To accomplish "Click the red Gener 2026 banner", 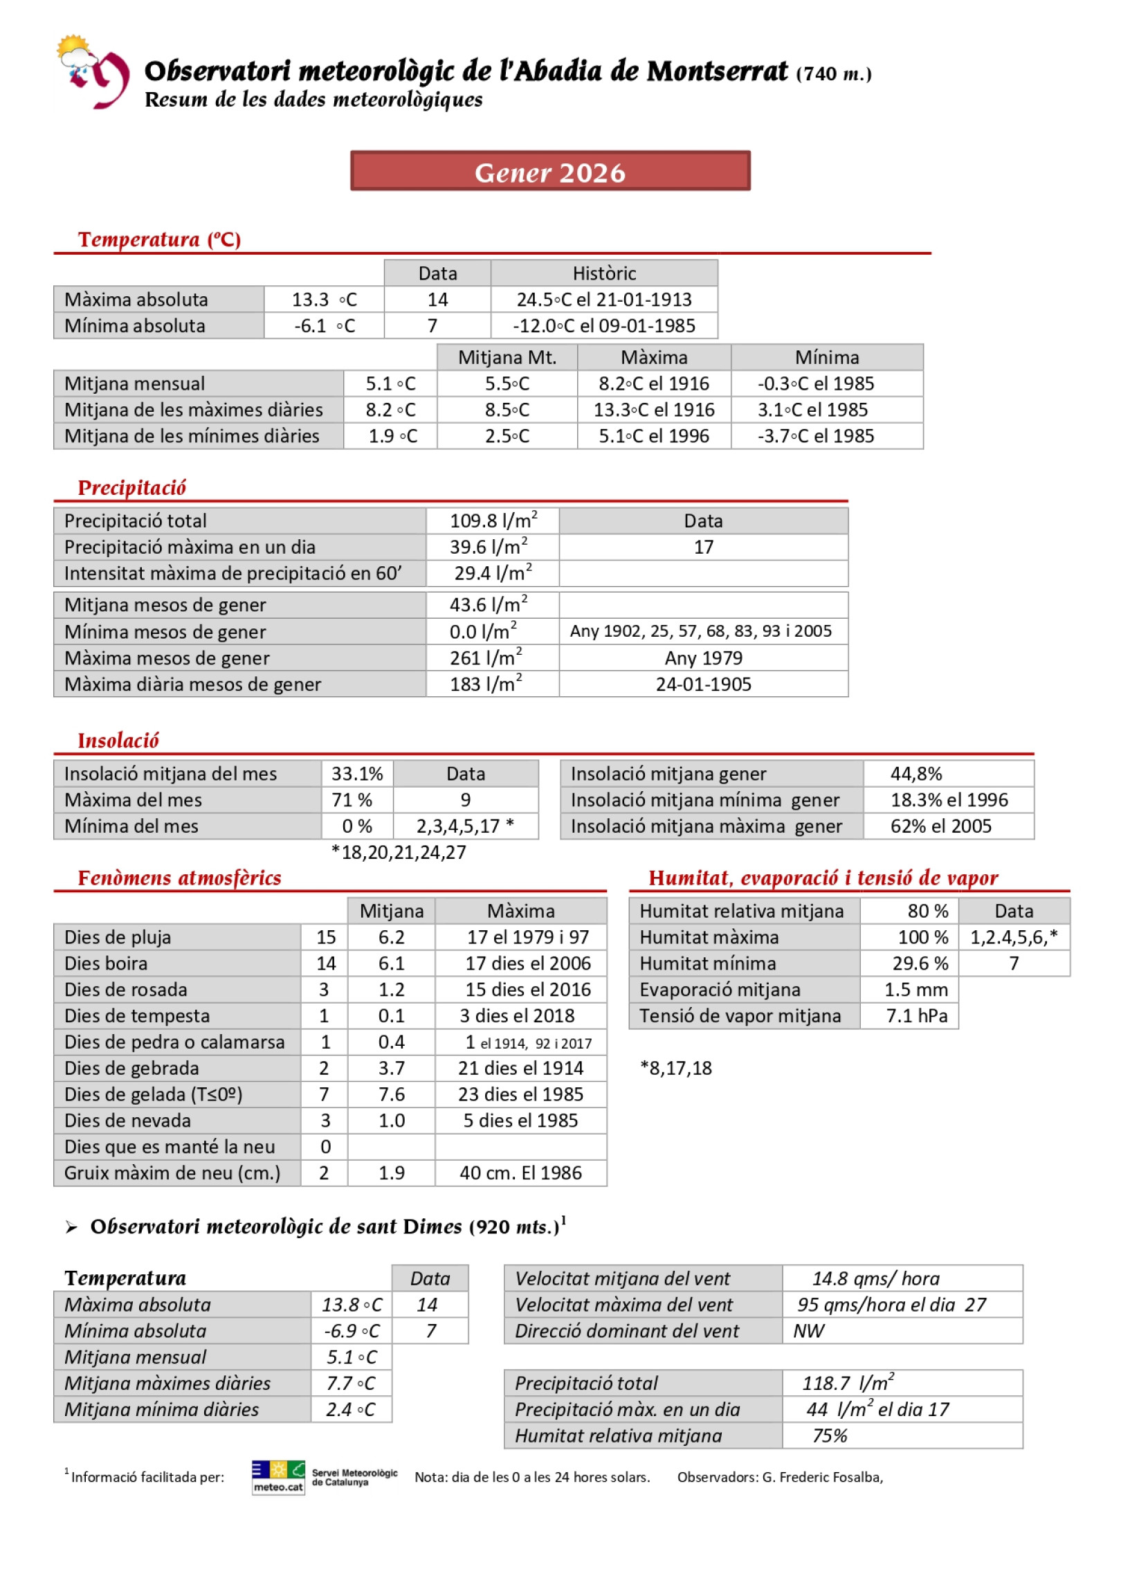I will (x=549, y=171).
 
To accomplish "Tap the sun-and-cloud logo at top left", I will (x=91, y=71).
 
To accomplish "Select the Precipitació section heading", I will (x=131, y=487).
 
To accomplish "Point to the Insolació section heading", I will (x=118, y=740).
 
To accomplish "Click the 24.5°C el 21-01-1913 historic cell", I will (x=603, y=299).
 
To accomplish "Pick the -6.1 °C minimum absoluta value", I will (x=324, y=325).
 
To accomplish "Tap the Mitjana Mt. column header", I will (x=507, y=357).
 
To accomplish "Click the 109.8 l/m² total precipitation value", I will (x=493, y=520).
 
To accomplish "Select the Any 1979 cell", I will (x=703, y=658).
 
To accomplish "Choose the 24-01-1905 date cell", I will (x=703, y=684).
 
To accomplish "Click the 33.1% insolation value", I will (x=357, y=773).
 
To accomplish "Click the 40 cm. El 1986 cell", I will (x=520, y=1172).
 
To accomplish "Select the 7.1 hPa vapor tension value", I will (x=916, y=1015).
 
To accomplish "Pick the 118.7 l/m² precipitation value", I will (x=847, y=1383).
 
